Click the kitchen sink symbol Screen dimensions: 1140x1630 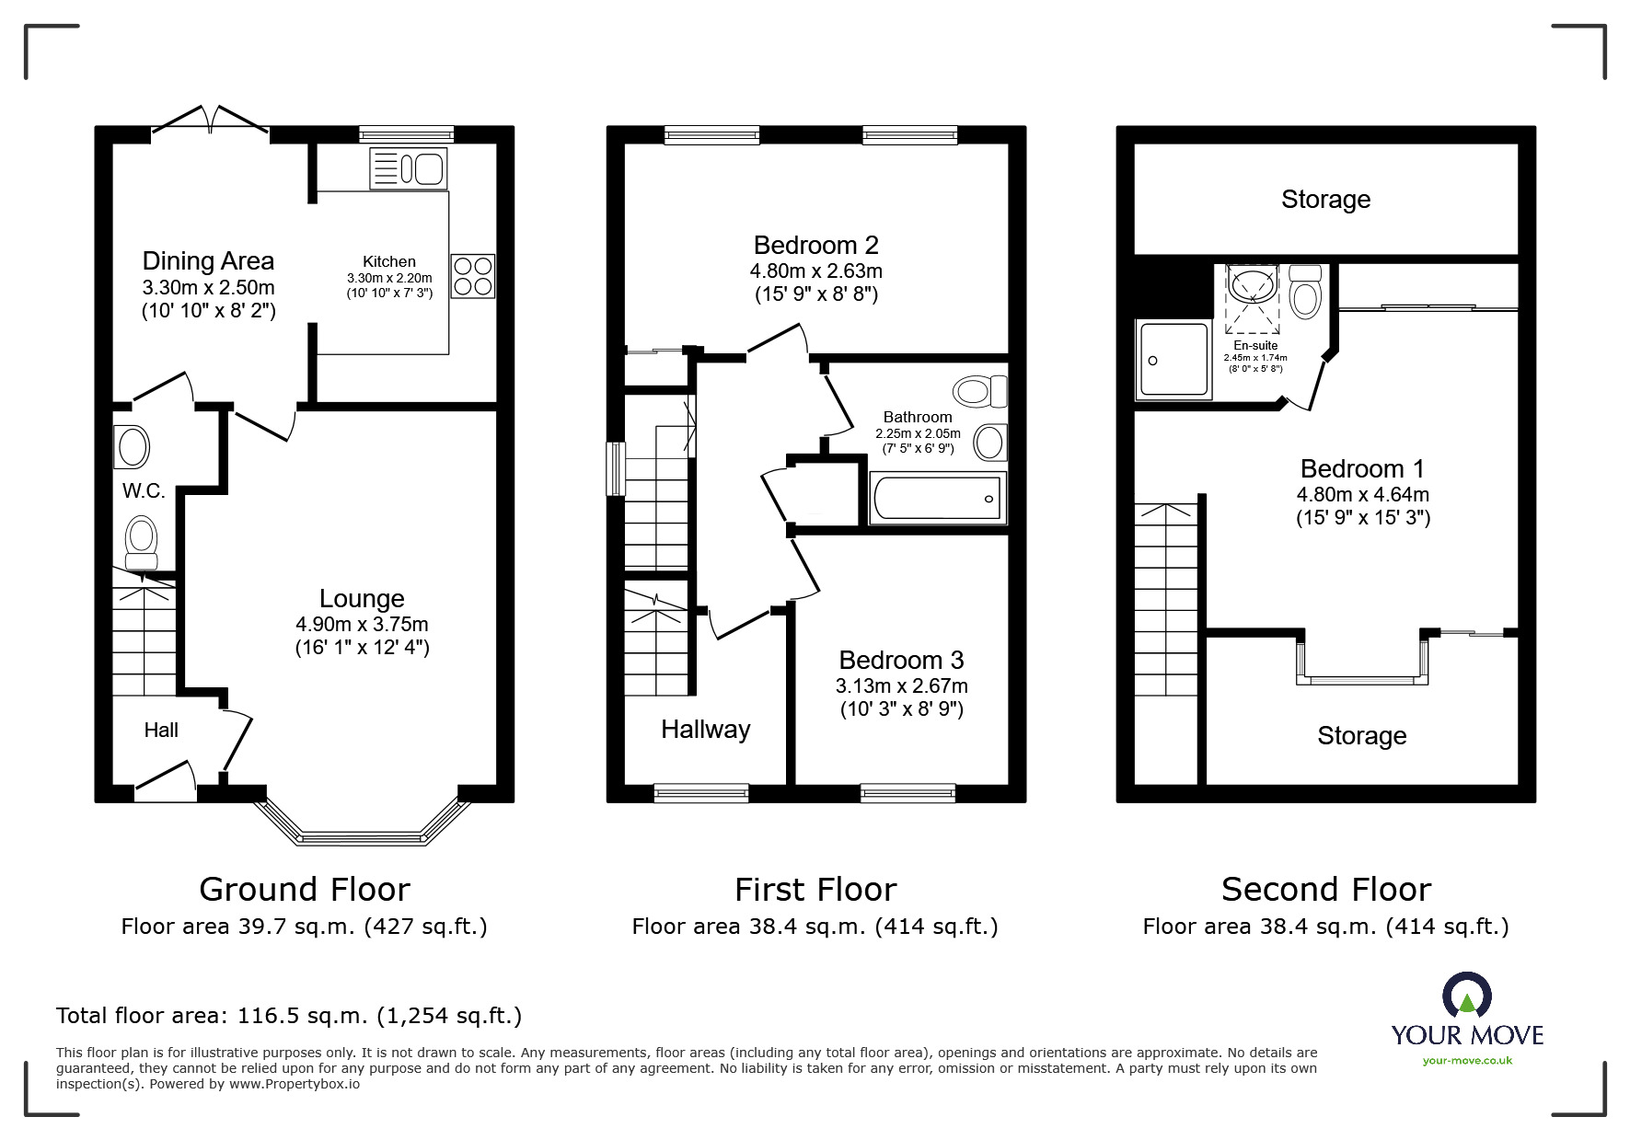click(x=409, y=168)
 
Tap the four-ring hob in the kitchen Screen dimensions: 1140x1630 click(x=473, y=276)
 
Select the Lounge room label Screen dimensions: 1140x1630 click(x=362, y=599)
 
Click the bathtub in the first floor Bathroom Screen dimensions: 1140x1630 click(x=937, y=498)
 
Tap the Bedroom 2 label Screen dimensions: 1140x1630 click(x=815, y=246)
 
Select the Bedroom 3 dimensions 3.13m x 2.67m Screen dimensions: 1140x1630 click(x=901, y=686)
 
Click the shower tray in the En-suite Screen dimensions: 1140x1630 click(x=1173, y=360)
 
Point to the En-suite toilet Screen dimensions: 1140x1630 click(x=1305, y=292)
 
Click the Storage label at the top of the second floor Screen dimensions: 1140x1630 click(x=1325, y=200)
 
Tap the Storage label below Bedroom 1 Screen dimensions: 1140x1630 click(x=1361, y=736)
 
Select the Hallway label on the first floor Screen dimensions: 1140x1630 click(x=705, y=730)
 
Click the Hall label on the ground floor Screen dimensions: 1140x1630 click(x=161, y=731)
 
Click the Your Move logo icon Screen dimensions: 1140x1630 click(x=1466, y=996)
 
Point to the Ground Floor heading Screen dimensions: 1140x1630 click(x=304, y=890)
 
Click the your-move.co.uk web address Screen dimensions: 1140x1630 click(x=1467, y=1061)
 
